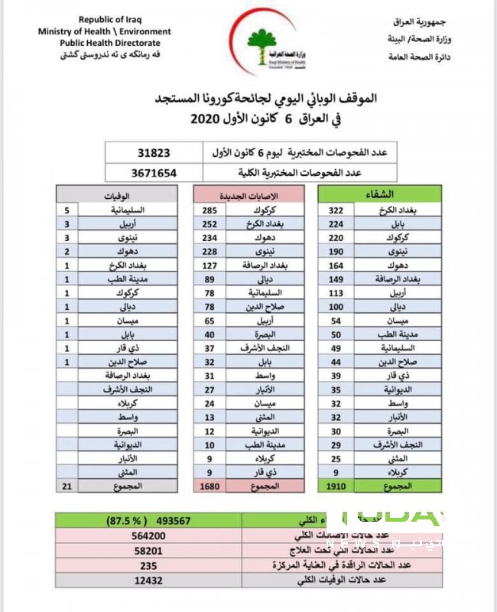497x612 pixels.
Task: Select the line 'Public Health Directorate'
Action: click(104, 43)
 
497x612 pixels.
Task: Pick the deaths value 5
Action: click(68, 209)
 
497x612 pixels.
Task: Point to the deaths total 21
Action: click(67, 486)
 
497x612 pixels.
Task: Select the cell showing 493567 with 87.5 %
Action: click(149, 521)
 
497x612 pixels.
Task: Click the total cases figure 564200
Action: click(149, 536)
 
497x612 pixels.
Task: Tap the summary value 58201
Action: click(149, 551)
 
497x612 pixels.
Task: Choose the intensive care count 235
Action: click(149, 566)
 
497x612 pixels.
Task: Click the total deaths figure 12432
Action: click(149, 581)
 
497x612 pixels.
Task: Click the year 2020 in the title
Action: click(207, 119)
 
